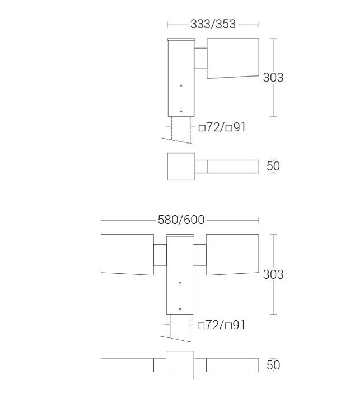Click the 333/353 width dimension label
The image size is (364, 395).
[x=213, y=24]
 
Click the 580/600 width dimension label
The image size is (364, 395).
[x=181, y=220]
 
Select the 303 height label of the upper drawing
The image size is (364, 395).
[x=273, y=77]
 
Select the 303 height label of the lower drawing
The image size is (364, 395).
[x=273, y=274]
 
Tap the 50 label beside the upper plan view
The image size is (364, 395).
[x=273, y=166]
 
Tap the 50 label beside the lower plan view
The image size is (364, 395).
[x=273, y=365]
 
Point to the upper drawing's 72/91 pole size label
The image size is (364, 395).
[x=222, y=127]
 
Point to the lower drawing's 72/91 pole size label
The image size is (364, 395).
[x=221, y=325]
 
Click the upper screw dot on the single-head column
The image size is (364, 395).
[x=181, y=85]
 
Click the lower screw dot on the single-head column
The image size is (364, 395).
[x=181, y=111]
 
